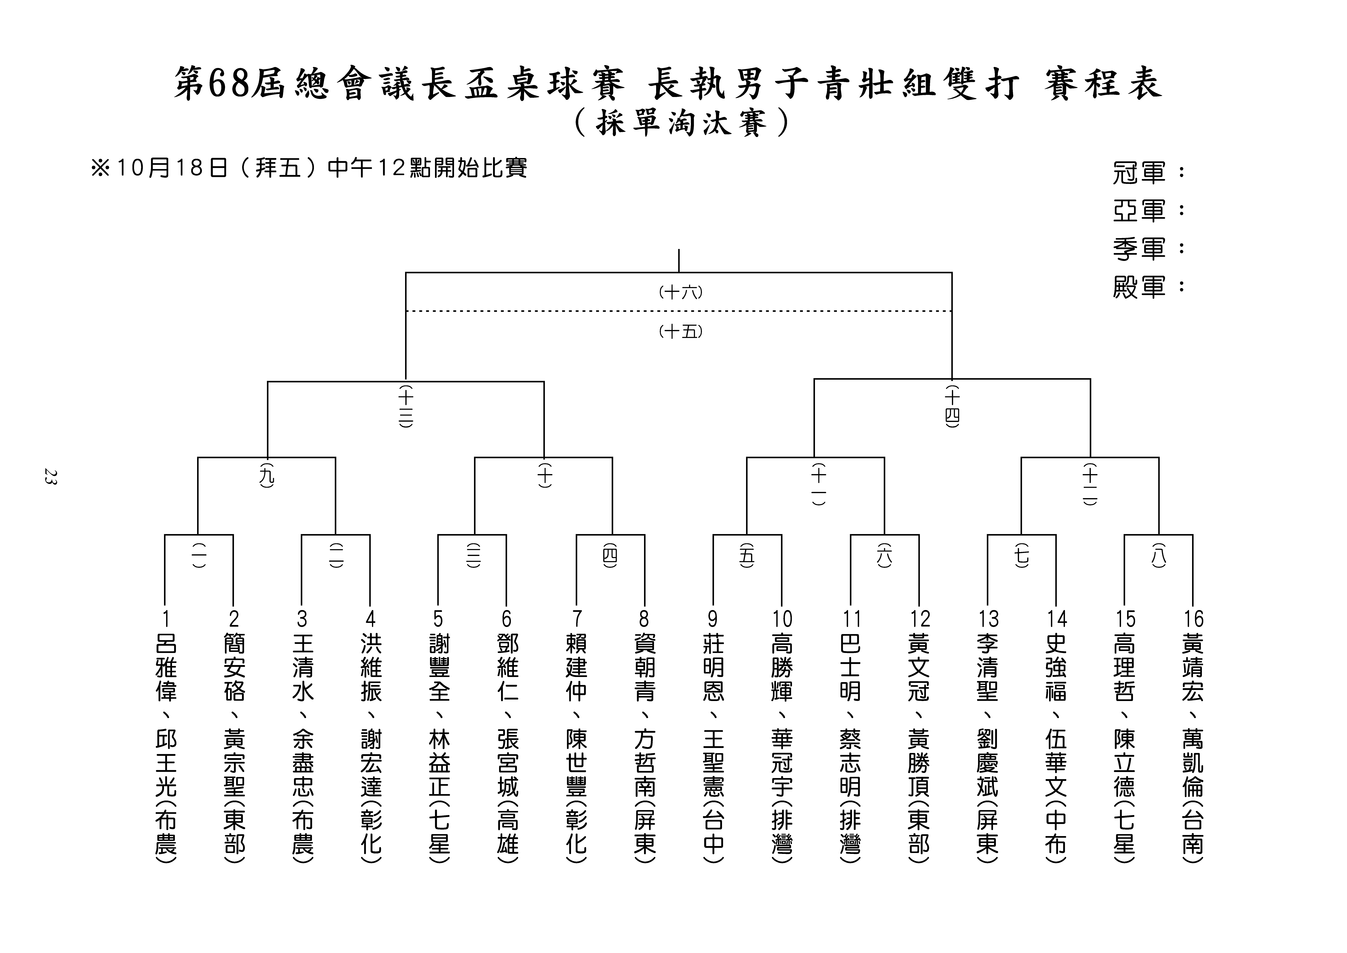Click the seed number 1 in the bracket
pyautogui.click(x=166, y=619)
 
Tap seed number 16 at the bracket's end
pyautogui.click(x=1193, y=619)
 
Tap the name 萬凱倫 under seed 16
pyautogui.click(x=1193, y=763)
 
